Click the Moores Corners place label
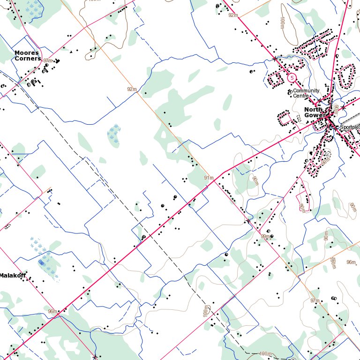click(27, 56)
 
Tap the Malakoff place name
click(13, 276)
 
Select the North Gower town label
click(315, 112)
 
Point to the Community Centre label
click(306, 93)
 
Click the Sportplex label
click(349, 127)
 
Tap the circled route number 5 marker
click(292, 77)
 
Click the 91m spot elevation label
click(209, 178)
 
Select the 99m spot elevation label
click(265, 237)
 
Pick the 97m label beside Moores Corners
click(47, 61)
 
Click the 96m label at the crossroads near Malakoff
click(52, 311)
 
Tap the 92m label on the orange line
click(132, 89)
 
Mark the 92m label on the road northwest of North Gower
click(233, 15)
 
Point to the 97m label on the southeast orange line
click(314, 300)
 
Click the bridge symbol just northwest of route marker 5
click(275, 59)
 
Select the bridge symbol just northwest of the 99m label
click(248, 220)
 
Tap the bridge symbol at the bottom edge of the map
click(95, 357)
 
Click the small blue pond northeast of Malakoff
click(42, 264)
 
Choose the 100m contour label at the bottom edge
click(265, 353)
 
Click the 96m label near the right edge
click(351, 262)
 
